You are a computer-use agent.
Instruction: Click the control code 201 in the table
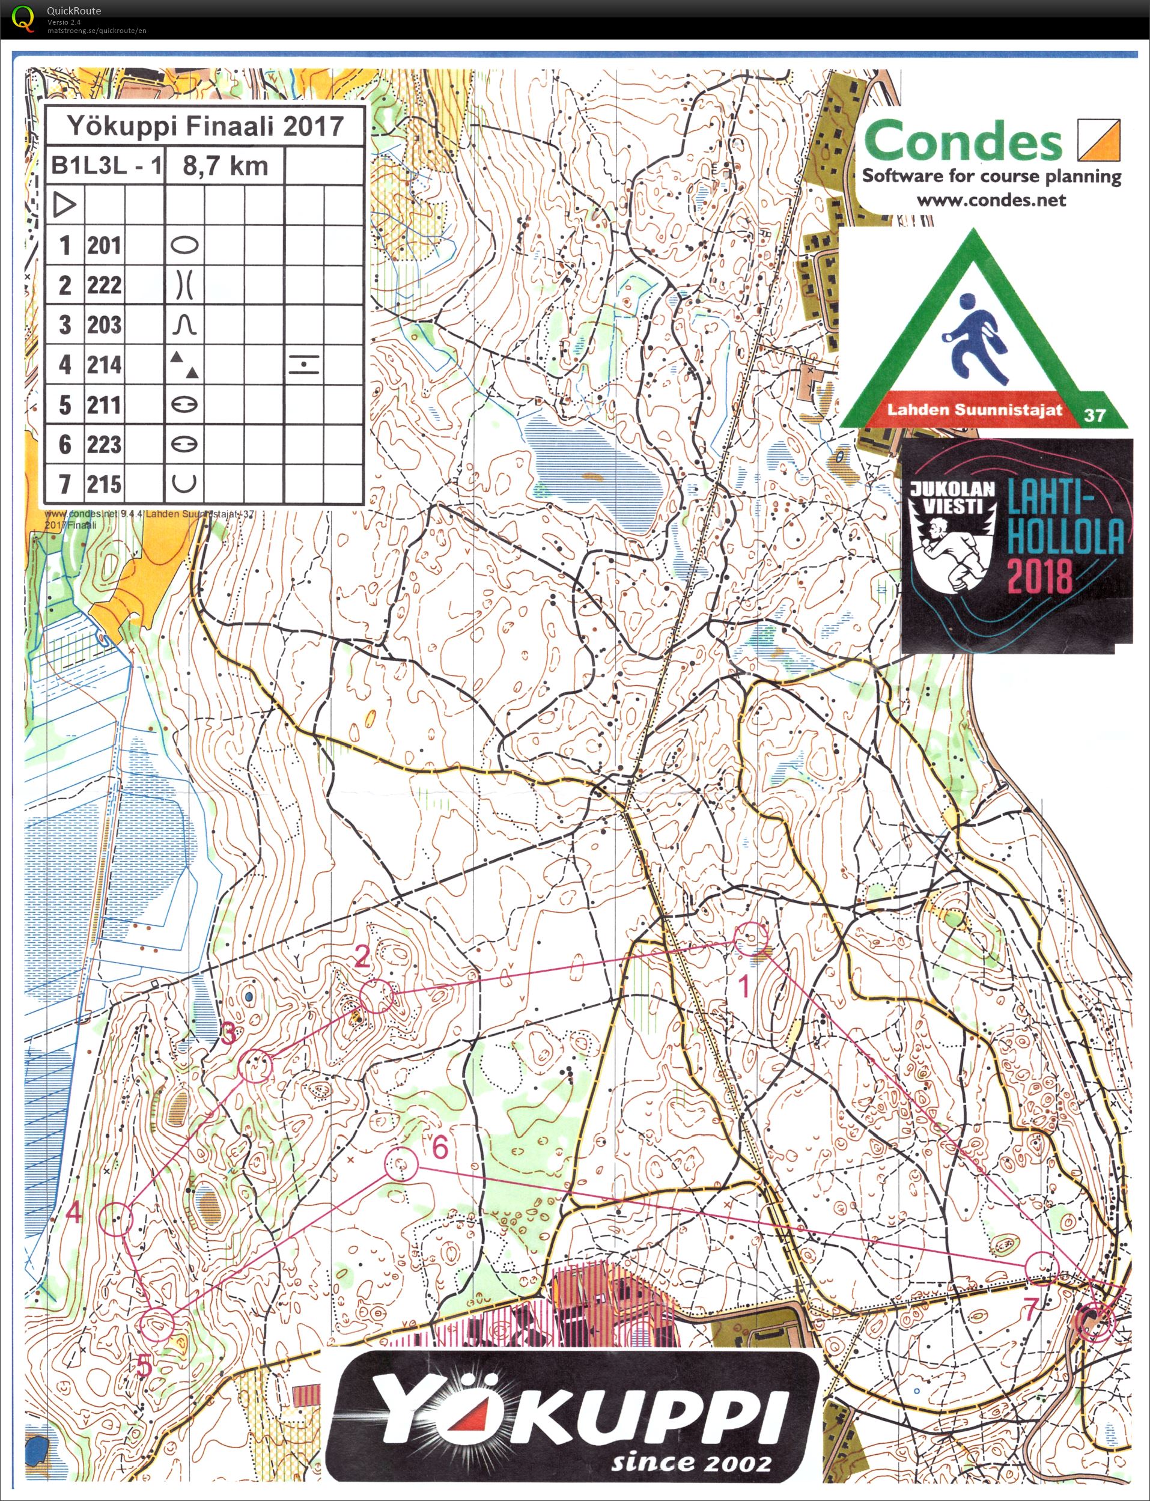pos(104,245)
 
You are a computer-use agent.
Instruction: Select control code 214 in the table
pos(104,365)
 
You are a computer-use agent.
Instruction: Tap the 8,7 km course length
pos(225,166)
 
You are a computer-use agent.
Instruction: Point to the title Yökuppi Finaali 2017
pos(205,126)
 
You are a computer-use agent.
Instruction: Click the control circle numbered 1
pos(751,939)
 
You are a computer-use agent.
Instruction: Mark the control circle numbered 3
pos(255,1066)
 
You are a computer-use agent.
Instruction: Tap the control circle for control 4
pos(116,1219)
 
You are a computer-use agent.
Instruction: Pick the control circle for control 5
pos(157,1324)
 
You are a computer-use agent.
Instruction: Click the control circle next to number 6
pos(401,1165)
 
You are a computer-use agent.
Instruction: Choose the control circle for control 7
pos(1042,1268)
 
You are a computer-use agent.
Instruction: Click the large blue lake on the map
pos(594,463)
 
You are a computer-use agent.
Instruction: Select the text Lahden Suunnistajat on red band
pos(974,410)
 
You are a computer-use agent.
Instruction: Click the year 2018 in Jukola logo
pos(1038,575)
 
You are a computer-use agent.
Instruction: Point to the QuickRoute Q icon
pos(23,19)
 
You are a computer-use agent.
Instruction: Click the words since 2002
pos(691,1462)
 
